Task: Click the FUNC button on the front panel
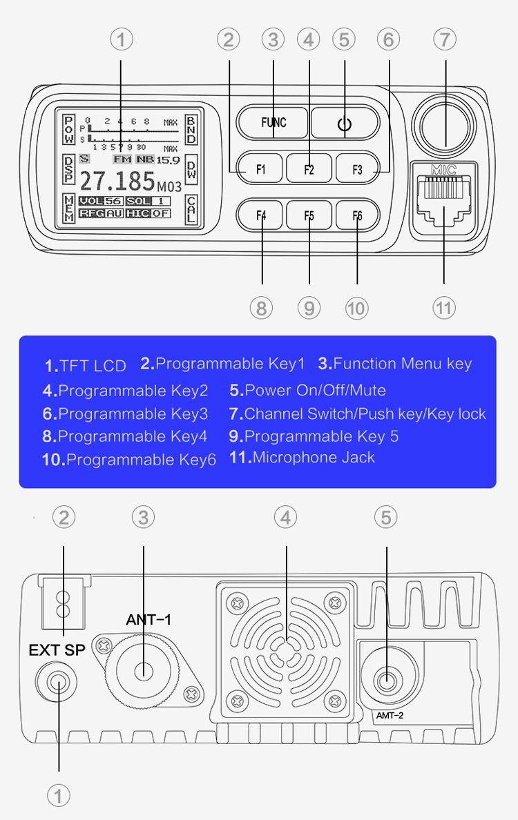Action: coord(273,124)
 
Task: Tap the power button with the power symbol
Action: coord(345,124)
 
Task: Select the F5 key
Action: coord(309,215)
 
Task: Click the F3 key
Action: coord(357,169)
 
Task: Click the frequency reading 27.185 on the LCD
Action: coord(118,182)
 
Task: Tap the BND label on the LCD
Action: coord(191,130)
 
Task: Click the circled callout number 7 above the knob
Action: coord(445,39)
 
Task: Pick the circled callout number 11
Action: coord(443,307)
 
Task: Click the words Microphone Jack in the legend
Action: coord(314,458)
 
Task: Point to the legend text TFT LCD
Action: coord(93,366)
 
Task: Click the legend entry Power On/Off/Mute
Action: coord(315,391)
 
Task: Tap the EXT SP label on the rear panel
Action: coord(57,650)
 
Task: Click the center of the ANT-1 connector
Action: coord(144,670)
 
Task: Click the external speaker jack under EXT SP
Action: coord(59,684)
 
